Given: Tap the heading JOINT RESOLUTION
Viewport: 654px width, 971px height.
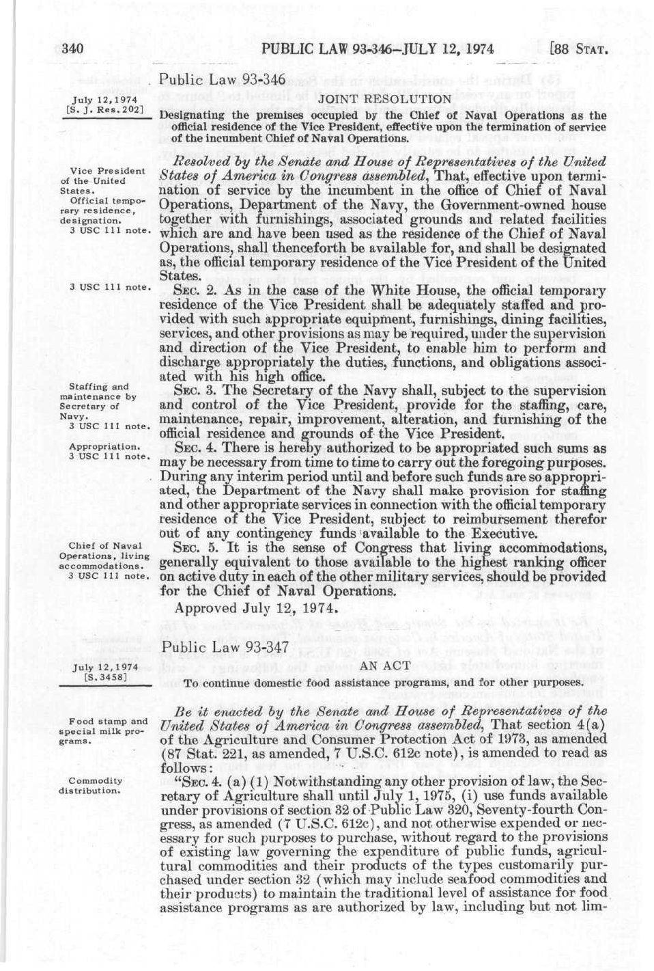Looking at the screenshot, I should tap(385, 99).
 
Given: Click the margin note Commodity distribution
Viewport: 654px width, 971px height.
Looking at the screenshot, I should tap(95, 785).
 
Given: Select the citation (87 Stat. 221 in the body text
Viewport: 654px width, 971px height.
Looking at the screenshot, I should tap(197, 753).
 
